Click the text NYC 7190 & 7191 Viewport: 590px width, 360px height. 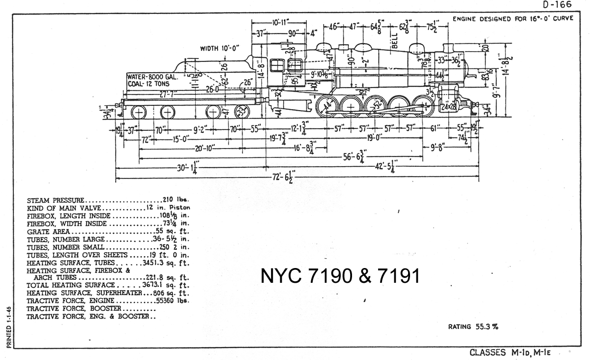(x=340, y=276)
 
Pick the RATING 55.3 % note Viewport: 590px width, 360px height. (x=473, y=327)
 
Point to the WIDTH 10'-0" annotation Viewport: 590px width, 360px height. (x=219, y=49)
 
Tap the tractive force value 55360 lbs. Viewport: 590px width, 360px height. (x=172, y=300)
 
